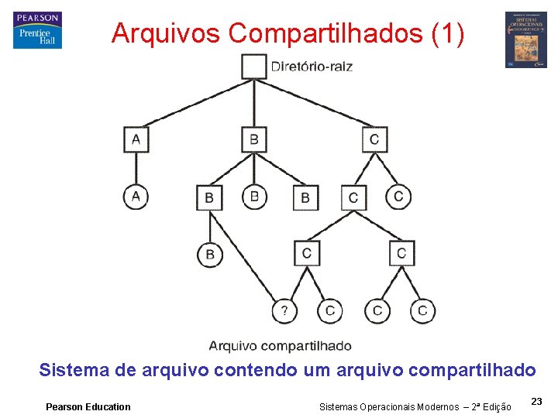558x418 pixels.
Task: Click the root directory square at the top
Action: pos(253,66)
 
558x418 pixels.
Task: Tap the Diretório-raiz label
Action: pos(312,67)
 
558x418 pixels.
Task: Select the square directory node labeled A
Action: pos(136,140)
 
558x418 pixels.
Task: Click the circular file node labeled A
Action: pos(136,197)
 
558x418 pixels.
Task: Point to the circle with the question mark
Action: pos(284,311)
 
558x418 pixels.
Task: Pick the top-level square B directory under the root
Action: pos(253,140)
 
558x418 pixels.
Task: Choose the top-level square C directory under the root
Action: pos(374,140)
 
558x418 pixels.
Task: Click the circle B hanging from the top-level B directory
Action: pos(254,197)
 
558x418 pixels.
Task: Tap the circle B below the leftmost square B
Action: pos(209,254)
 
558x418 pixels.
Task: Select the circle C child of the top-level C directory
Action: pos(398,197)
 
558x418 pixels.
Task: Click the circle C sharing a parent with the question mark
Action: pos(330,311)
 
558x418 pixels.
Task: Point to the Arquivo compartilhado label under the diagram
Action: pos(280,346)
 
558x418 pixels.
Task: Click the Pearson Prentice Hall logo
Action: pos(37,31)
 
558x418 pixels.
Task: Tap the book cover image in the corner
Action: pos(525,39)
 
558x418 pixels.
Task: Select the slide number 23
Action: pos(536,401)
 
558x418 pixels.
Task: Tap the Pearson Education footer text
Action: pos(88,406)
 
